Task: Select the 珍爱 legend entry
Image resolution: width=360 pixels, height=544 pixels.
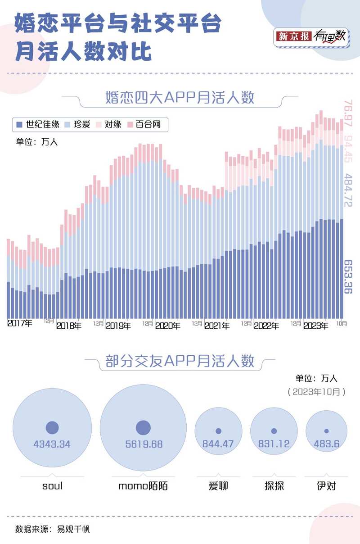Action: (x=78, y=124)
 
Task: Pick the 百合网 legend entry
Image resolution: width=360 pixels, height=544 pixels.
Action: (x=144, y=124)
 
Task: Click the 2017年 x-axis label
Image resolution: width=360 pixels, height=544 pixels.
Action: (x=20, y=323)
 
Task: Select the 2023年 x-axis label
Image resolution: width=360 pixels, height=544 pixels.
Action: (x=315, y=326)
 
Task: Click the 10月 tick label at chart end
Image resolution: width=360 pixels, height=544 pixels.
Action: (x=342, y=322)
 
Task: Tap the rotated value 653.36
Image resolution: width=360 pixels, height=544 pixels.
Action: (x=348, y=277)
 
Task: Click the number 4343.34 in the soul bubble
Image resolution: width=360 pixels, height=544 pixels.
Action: (x=52, y=444)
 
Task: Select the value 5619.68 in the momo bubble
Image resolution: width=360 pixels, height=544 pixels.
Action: (x=144, y=444)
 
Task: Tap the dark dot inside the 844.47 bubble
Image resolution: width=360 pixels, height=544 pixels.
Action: (x=218, y=431)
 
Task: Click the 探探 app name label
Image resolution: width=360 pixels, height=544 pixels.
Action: (x=274, y=486)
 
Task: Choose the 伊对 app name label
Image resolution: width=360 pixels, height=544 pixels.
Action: (x=326, y=486)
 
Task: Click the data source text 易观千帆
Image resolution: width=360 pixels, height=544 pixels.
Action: (x=73, y=529)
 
